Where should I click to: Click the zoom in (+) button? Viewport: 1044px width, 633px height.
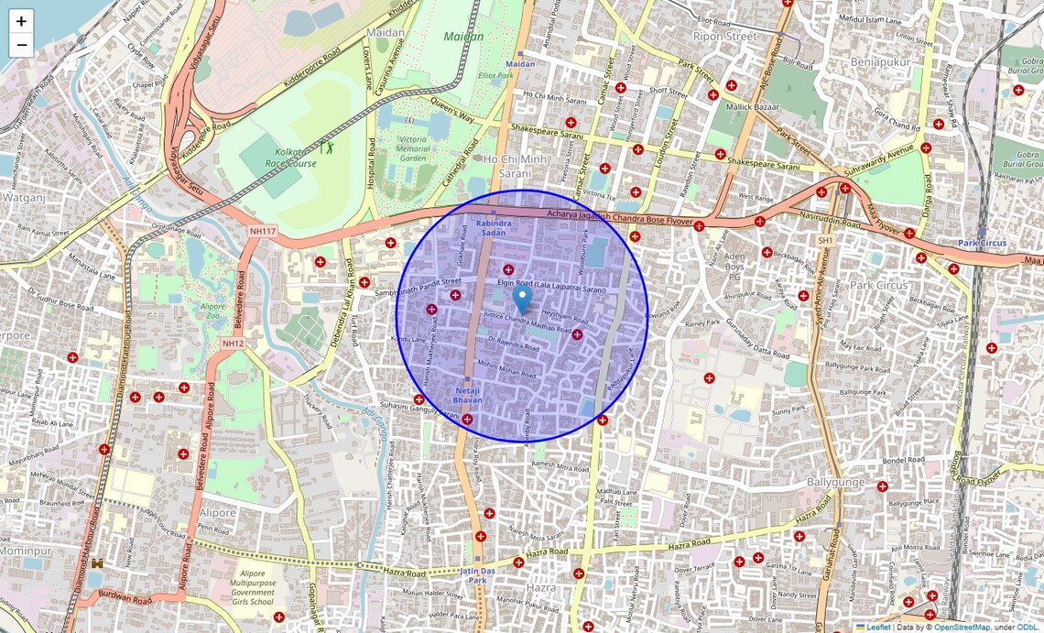(21, 21)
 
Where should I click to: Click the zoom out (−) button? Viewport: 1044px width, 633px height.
(21, 45)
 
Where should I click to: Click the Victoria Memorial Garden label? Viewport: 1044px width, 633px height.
(414, 147)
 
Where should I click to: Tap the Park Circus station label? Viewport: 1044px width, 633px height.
(982, 243)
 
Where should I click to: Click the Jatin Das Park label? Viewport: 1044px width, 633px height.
(477, 574)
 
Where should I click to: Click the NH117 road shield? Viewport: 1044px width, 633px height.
(262, 231)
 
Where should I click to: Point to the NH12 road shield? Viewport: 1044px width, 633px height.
(233, 343)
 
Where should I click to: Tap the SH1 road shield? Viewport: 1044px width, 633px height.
(826, 240)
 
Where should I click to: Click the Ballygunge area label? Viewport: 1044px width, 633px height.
(836, 481)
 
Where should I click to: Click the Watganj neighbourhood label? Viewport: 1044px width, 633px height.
(23, 196)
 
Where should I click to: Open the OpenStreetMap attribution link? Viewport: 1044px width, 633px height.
(962, 628)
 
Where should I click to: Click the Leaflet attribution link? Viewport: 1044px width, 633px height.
(878, 628)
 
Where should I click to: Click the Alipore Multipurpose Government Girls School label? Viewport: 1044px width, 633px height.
(239, 585)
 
